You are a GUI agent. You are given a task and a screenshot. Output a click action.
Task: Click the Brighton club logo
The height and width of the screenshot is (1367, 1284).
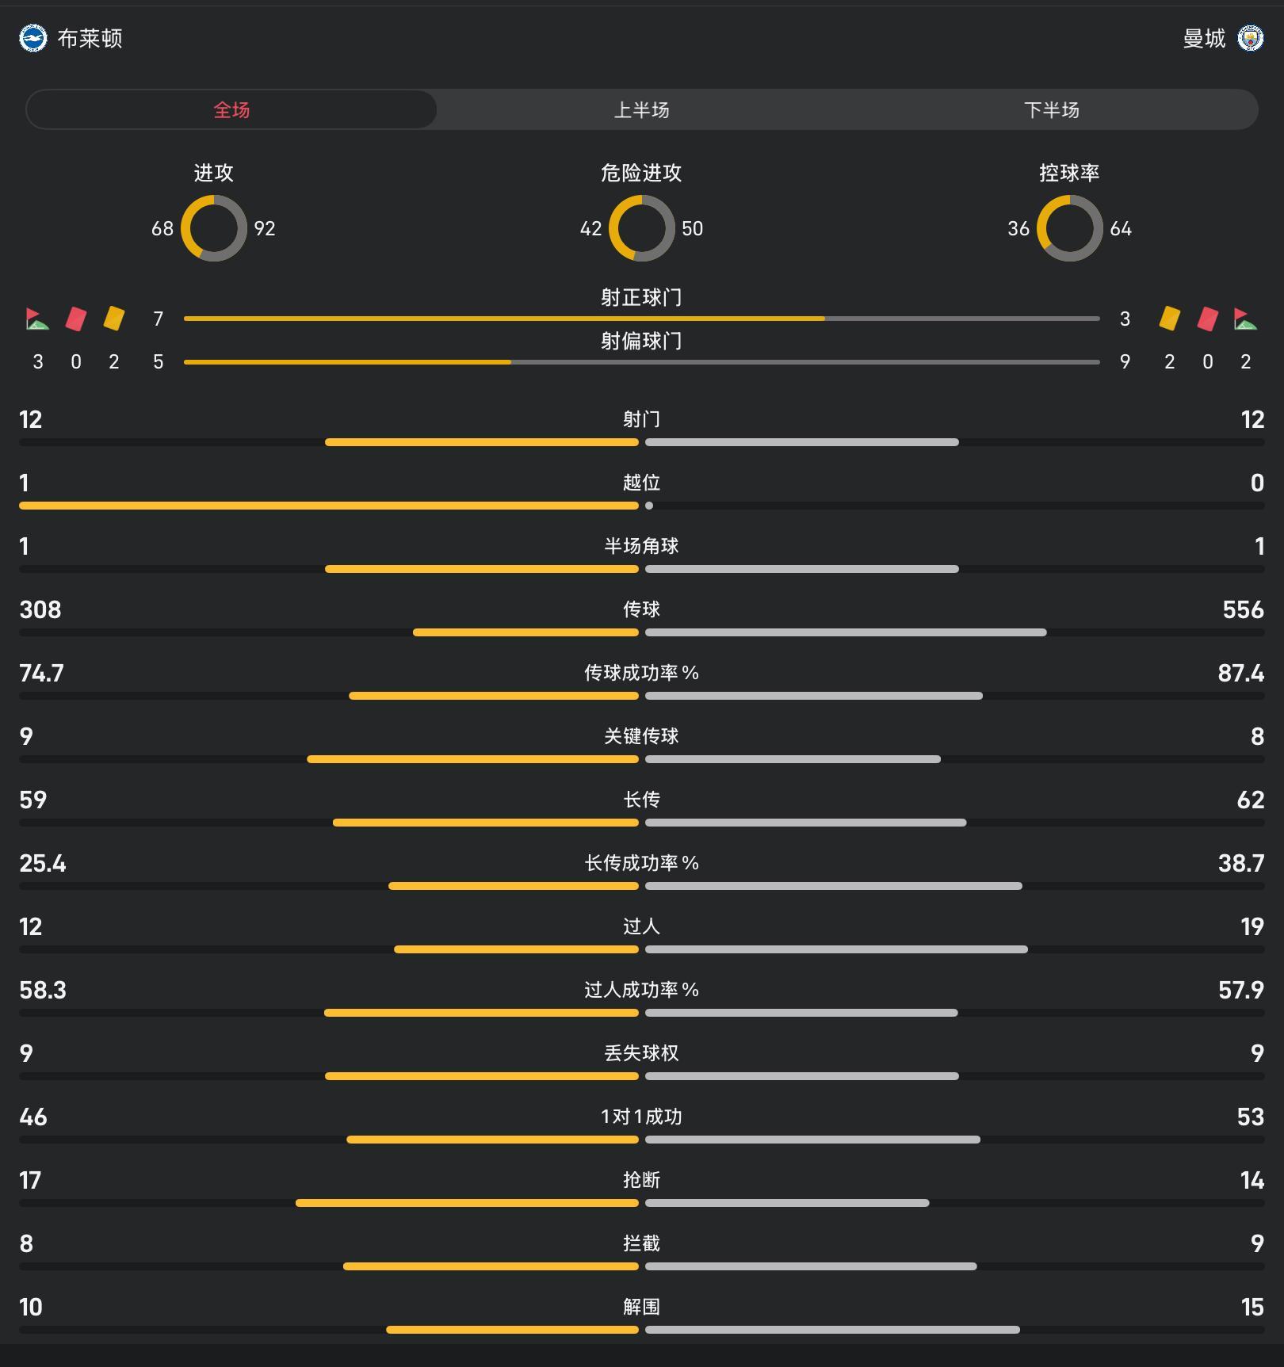[33, 38]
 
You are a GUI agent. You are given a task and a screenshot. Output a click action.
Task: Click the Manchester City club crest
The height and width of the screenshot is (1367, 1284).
[1250, 38]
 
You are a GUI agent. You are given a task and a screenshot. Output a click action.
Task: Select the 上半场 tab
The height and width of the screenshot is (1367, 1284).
[641, 110]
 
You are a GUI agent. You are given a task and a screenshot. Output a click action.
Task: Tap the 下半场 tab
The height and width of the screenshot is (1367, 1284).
[1051, 110]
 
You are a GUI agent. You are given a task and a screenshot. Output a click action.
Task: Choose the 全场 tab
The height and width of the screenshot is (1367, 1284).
[231, 110]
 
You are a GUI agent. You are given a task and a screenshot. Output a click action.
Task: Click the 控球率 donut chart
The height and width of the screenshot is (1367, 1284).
[1069, 228]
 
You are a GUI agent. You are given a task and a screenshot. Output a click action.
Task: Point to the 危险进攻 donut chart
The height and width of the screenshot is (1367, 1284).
[641, 228]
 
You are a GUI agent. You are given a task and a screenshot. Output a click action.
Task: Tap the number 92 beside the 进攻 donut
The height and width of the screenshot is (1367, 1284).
[265, 229]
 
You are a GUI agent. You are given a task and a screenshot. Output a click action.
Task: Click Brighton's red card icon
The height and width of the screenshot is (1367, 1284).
[76, 319]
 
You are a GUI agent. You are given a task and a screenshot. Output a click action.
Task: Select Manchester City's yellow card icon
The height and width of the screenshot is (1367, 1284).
[1169, 319]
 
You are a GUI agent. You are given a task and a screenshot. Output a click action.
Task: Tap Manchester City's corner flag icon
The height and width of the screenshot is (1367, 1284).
[1245, 319]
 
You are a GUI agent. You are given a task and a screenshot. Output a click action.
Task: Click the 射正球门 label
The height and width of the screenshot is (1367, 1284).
[641, 297]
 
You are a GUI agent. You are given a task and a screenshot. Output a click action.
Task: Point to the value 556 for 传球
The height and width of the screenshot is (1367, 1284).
[1243, 609]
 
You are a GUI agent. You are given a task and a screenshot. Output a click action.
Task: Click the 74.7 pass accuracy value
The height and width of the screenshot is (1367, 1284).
[41, 673]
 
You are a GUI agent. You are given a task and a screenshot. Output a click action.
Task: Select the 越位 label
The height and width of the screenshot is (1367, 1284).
[641, 483]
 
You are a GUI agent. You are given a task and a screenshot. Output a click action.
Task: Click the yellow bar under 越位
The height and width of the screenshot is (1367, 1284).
[328, 506]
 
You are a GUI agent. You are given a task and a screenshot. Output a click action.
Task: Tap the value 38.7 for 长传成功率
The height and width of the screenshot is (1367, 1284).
[1240, 863]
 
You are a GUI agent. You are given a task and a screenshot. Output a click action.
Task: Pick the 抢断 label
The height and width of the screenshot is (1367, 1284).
[641, 1180]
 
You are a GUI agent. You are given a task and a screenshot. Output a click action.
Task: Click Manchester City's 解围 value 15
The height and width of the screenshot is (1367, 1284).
[1252, 1307]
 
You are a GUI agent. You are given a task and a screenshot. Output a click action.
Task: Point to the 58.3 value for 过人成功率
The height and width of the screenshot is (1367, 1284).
[43, 990]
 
